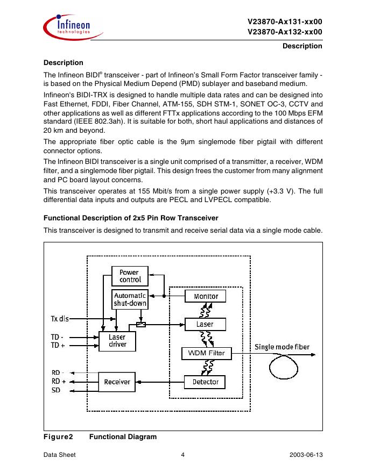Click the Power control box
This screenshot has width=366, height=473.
[129, 276]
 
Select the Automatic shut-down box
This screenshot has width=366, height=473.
[129, 299]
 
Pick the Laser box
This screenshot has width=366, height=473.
[205, 324]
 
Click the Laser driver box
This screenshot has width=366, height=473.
[117, 341]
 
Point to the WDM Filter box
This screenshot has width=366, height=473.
[206, 353]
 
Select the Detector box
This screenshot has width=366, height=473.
[205, 382]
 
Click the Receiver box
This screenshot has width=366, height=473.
[117, 382]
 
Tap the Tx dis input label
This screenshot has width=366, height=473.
[60, 318]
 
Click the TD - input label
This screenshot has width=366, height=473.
[57, 338]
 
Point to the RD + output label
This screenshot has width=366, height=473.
[59, 381]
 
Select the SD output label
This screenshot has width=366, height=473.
[56, 390]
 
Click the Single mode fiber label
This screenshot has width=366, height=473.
[282, 347]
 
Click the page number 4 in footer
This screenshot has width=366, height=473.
[183, 455]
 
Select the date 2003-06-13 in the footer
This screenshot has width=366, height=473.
[306, 455]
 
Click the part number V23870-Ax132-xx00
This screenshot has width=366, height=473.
[285, 32]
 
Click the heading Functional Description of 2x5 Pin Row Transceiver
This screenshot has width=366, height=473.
[130, 218]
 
